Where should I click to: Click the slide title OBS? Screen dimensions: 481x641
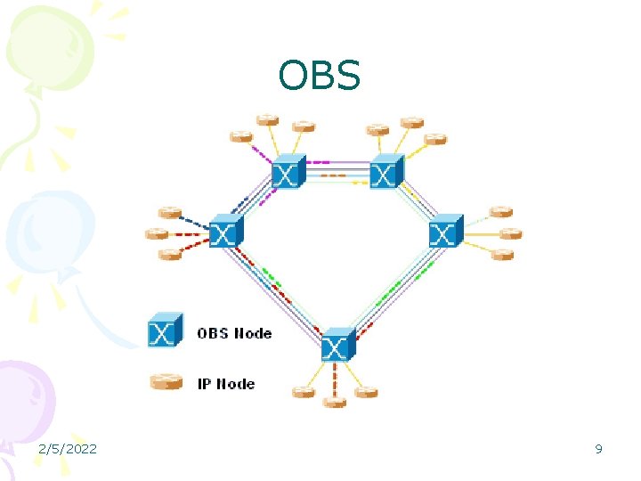[319, 77]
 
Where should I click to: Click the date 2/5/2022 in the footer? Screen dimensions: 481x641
[68, 449]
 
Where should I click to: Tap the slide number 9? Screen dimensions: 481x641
[598, 449]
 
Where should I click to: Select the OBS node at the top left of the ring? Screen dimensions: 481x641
[287, 172]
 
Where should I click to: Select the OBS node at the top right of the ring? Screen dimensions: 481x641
[385, 171]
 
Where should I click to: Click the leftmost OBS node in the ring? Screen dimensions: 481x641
[224, 232]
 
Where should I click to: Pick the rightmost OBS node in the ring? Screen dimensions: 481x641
[445, 232]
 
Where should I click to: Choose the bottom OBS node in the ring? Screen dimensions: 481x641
[337, 344]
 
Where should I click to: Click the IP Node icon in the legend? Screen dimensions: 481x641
[166, 383]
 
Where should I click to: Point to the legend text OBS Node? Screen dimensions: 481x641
[234, 333]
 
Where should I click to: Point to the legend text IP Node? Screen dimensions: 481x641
[226, 384]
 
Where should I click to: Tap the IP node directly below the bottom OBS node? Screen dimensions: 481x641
[335, 402]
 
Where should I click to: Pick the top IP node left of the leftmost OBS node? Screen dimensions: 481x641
[169, 213]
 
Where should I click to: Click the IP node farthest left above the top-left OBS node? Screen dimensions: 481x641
[240, 136]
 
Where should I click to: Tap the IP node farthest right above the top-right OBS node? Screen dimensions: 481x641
[434, 138]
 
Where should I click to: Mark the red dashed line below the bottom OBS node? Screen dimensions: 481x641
[335, 379]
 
